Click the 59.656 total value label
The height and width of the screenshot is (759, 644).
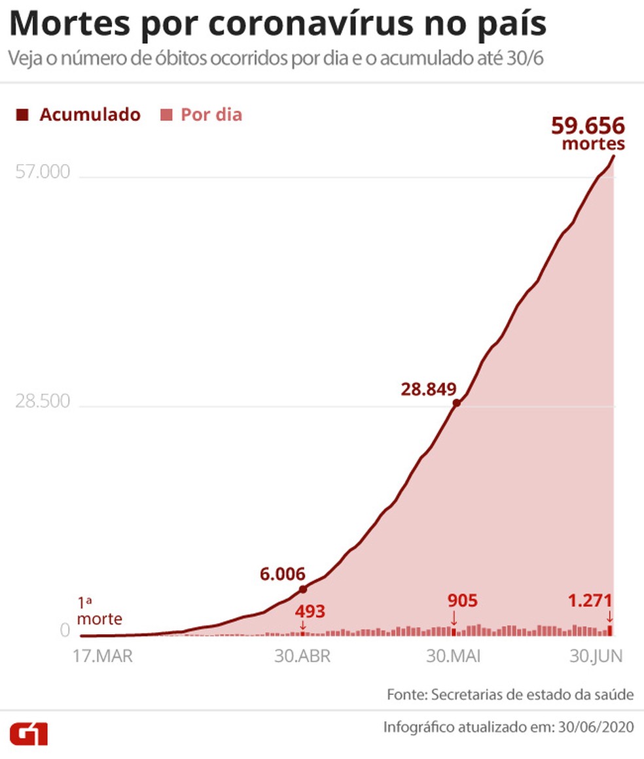tap(588, 126)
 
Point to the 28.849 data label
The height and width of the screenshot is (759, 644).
tap(428, 390)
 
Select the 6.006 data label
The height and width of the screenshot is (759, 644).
tap(283, 574)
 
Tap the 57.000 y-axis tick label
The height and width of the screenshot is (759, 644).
tap(43, 173)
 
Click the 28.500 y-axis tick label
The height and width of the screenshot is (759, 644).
tap(43, 401)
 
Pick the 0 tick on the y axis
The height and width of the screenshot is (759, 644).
tap(65, 631)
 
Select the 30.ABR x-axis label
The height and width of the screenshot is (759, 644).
tap(302, 656)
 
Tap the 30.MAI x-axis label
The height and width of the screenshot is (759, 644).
tap(453, 656)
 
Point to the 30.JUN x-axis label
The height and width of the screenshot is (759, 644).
tap(594, 656)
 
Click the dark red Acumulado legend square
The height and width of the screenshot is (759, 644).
tap(23, 115)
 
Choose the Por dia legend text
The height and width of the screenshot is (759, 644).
tap(211, 115)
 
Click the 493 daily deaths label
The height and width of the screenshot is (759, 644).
tap(310, 613)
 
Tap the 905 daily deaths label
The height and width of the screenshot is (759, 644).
tap(462, 600)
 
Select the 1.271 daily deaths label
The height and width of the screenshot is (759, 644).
tap(591, 600)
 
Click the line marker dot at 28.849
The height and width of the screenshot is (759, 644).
tap(457, 403)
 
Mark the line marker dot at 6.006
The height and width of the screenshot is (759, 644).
tap(303, 589)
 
